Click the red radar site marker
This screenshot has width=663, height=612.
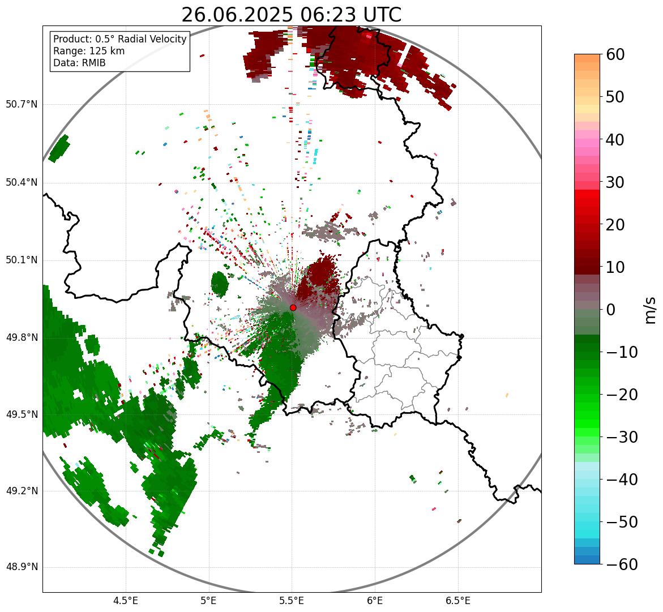click(293, 307)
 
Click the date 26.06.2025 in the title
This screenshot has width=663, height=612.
click(237, 15)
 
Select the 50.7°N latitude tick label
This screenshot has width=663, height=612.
click(22, 105)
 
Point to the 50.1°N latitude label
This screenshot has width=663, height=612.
click(22, 260)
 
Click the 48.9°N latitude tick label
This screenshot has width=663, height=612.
click(22, 567)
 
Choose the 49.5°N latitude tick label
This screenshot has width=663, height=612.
click(22, 414)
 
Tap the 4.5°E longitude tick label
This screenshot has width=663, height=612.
click(126, 600)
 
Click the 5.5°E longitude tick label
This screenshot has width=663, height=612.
click(292, 600)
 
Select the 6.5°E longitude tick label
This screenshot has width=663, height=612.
click(457, 600)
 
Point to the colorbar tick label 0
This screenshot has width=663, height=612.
click(611, 310)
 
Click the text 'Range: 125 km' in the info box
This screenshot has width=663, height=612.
click(89, 51)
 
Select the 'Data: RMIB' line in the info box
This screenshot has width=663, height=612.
click(79, 63)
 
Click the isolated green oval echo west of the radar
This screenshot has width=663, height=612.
click(219, 284)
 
